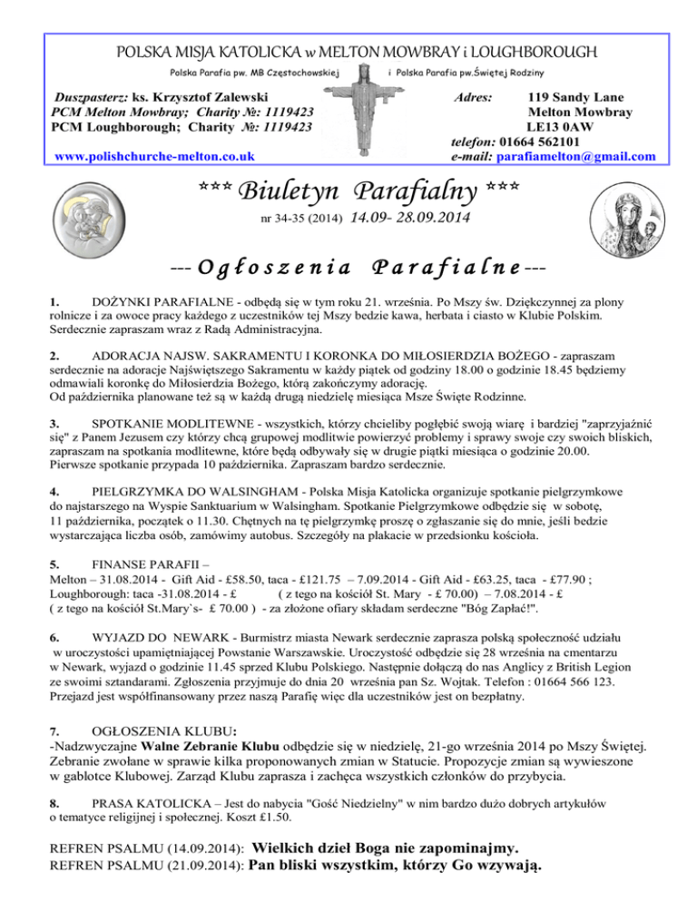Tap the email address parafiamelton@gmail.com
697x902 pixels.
pos(576,156)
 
